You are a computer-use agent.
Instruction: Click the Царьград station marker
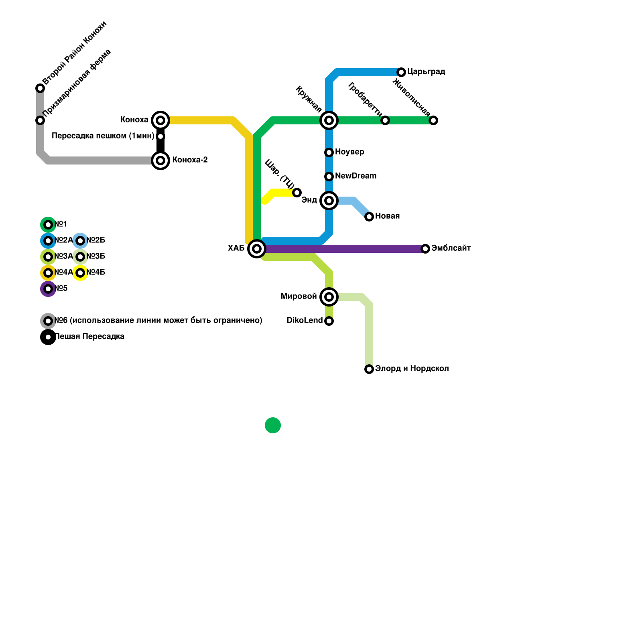401,72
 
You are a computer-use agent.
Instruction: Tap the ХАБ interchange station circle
257,249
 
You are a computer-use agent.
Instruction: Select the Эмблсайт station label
451,248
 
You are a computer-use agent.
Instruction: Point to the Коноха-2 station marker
160,160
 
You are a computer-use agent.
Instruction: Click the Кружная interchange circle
329,120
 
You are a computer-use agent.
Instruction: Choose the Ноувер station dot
329,152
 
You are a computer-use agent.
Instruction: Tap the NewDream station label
356,176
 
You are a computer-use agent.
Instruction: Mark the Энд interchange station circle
329,201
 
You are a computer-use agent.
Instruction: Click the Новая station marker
369,217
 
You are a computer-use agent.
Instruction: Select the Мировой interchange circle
329,297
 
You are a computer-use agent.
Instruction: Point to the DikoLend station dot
329,321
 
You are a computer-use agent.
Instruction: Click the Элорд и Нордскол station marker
369,369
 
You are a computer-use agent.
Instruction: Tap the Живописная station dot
433,120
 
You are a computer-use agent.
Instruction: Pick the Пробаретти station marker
385,120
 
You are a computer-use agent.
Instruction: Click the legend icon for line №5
48,289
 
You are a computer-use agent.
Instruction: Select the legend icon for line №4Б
80,273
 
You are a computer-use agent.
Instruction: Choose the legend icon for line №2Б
80,241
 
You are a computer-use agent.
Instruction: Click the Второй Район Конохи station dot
40,88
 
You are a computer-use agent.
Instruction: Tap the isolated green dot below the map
273,425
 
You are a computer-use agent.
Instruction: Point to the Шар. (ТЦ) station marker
297,193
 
